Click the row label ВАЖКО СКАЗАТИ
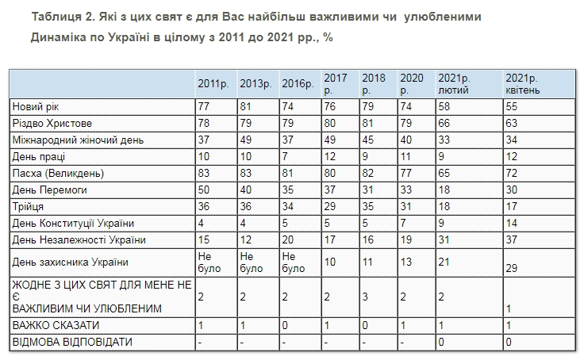55,325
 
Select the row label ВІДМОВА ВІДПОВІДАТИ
71,342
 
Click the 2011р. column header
214,84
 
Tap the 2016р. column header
298,84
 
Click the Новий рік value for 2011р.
205,106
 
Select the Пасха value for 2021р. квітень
512,173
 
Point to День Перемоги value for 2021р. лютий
445,190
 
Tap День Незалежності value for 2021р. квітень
512,239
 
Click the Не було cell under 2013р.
248,262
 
